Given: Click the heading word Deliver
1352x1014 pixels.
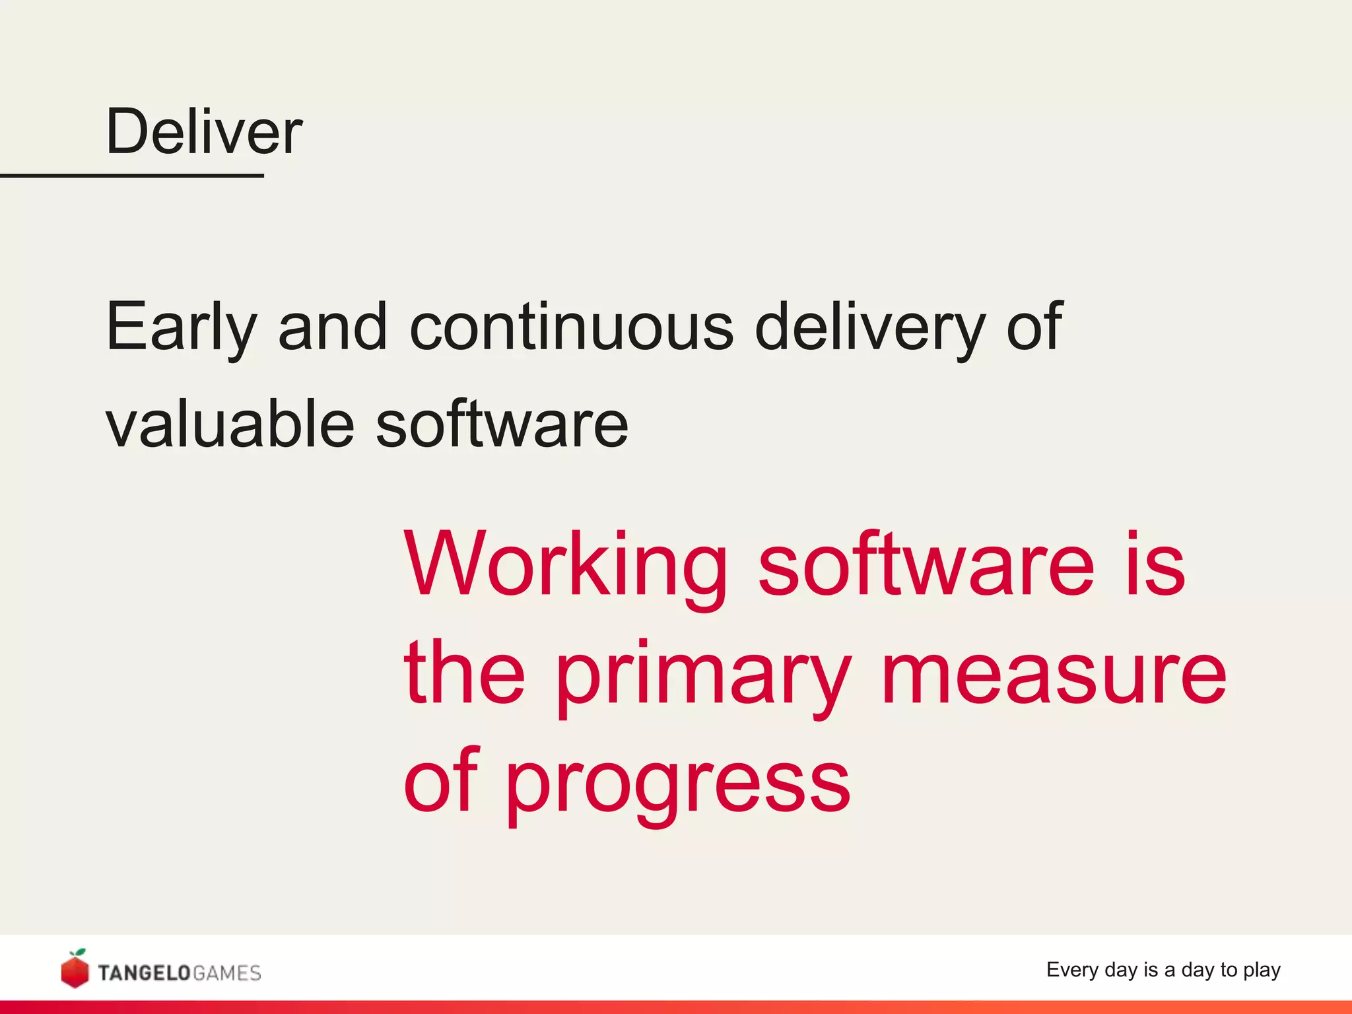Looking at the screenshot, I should point(204,132).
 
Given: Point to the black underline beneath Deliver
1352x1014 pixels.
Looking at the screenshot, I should point(132,176).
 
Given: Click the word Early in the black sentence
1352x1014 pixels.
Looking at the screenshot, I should point(180,327).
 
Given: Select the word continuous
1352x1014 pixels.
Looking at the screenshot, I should point(571,326).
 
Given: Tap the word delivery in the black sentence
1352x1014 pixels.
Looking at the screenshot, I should point(869,327).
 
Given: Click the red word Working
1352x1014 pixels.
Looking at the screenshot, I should point(566,566).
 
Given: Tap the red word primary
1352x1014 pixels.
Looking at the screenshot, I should point(704,677).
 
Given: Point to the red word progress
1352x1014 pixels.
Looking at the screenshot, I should point(677,786).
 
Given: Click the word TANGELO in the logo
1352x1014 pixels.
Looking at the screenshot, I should point(144,973).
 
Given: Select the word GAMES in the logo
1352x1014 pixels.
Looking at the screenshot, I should point(227,973).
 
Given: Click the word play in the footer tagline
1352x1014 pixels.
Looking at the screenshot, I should point(1262,970).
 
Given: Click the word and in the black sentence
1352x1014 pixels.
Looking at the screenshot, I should point(332,326).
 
